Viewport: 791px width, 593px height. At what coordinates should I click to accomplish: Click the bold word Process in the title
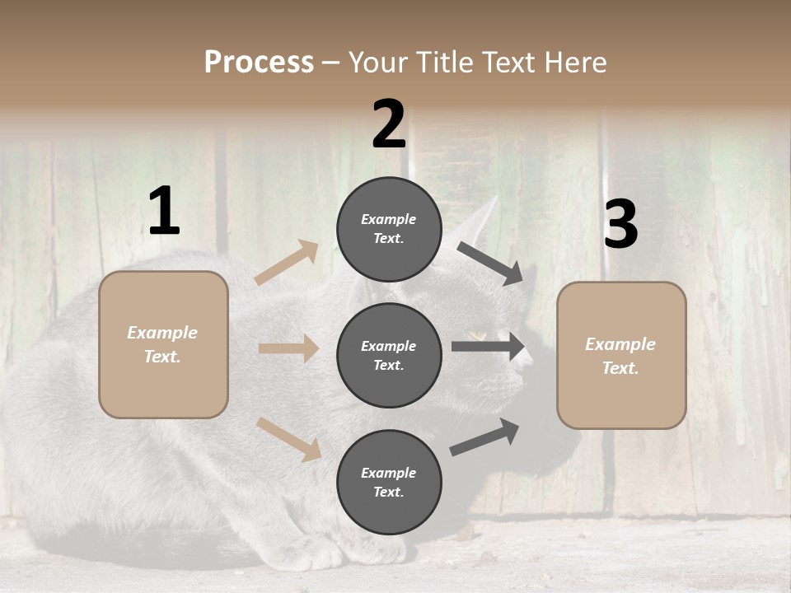pos(259,62)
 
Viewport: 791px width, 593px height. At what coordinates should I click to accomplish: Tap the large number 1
pos(164,212)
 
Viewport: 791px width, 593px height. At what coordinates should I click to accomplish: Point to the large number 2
pos(389,124)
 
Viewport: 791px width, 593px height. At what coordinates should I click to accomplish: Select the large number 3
pos(620,225)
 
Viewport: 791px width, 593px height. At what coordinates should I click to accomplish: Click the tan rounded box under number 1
pos(163,344)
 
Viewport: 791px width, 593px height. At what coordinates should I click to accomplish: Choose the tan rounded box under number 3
pos(621,355)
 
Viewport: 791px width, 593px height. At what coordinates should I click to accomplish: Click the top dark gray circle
pos(389,229)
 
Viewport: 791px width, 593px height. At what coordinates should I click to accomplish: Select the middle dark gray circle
pos(389,355)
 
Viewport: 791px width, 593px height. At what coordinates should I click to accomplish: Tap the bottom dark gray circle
pos(389,482)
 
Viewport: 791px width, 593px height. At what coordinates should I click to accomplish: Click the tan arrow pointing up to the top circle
pos(287,263)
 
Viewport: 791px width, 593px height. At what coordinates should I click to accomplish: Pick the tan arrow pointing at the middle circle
pos(288,348)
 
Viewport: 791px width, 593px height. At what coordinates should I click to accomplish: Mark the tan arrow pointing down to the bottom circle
pos(288,438)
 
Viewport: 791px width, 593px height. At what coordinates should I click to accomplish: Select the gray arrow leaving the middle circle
pos(488,347)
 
